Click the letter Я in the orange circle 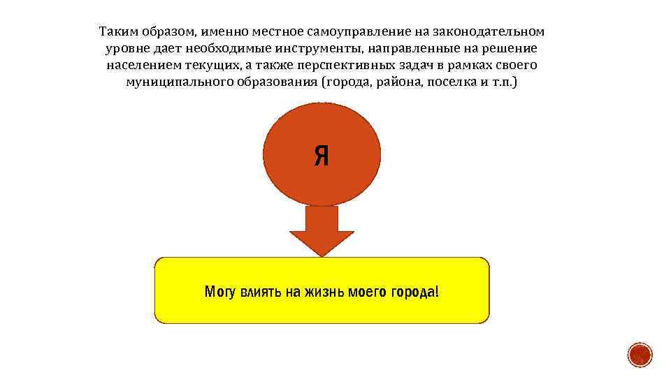(322, 156)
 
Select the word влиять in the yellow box (260, 291)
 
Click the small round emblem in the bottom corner (639, 355)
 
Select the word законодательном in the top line (489, 32)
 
